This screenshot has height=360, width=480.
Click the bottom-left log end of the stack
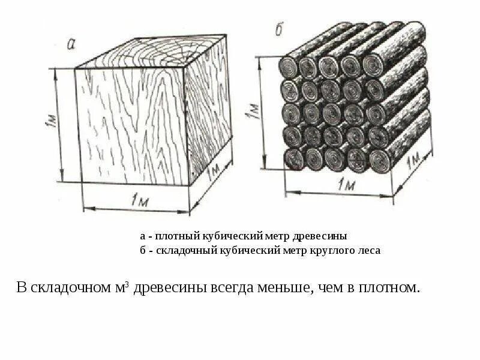294,158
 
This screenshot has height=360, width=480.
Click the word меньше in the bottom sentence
283,287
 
